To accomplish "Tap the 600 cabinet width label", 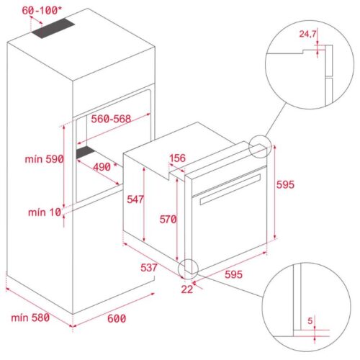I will [x=115, y=318].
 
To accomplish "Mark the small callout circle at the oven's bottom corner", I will [x=188, y=269].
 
